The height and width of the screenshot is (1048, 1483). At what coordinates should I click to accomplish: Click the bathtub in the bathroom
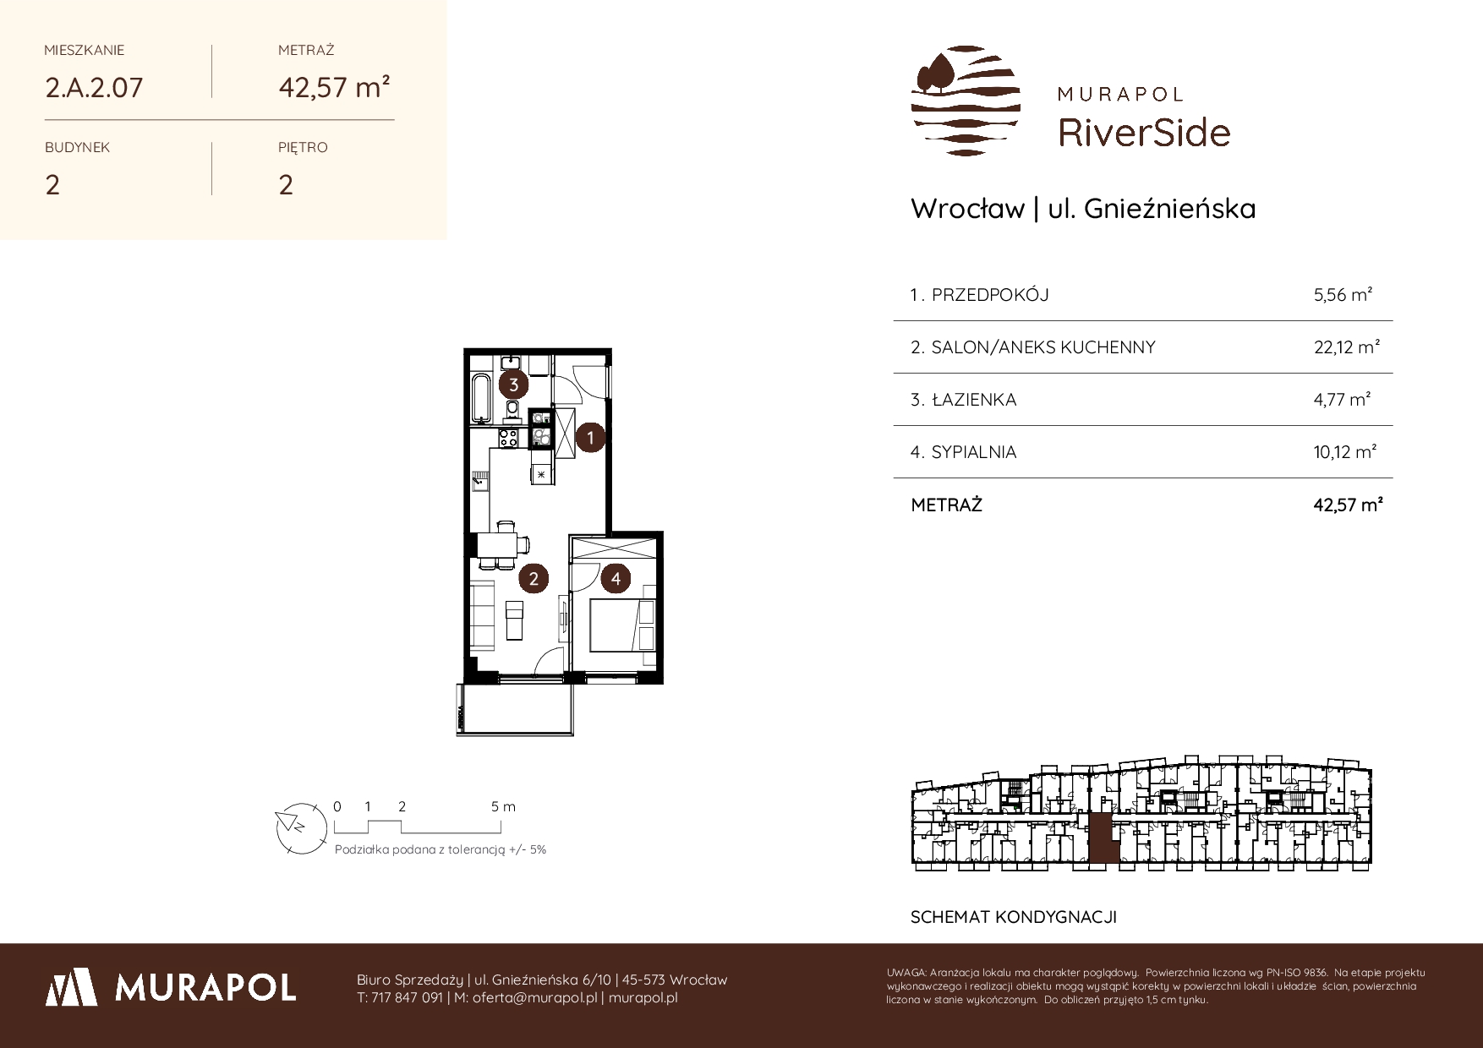click(x=482, y=397)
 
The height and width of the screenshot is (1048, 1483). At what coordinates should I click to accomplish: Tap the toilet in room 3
click(x=512, y=412)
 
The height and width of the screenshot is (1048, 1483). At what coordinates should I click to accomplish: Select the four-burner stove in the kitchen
click(x=508, y=438)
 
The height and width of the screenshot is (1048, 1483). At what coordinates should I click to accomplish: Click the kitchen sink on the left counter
click(x=479, y=483)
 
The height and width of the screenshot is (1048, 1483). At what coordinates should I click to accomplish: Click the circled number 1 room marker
click(x=590, y=438)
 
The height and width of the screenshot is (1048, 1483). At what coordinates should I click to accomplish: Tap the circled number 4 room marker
click(x=616, y=578)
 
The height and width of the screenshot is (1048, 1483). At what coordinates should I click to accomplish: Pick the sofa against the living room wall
click(x=484, y=615)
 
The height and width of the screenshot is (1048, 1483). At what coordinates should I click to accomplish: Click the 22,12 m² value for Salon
click(x=1347, y=347)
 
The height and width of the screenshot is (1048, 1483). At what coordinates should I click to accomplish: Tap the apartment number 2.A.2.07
click(x=94, y=87)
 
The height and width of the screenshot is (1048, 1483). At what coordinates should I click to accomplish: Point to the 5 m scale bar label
click(x=503, y=806)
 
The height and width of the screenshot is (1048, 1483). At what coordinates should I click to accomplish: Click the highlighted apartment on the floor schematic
click(x=1101, y=840)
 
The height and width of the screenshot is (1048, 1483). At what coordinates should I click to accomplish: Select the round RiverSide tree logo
click(x=966, y=101)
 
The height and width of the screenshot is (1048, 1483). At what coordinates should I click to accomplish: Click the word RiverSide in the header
click(x=1144, y=132)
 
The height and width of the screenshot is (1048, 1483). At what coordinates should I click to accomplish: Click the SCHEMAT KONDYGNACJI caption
click(x=1014, y=917)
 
